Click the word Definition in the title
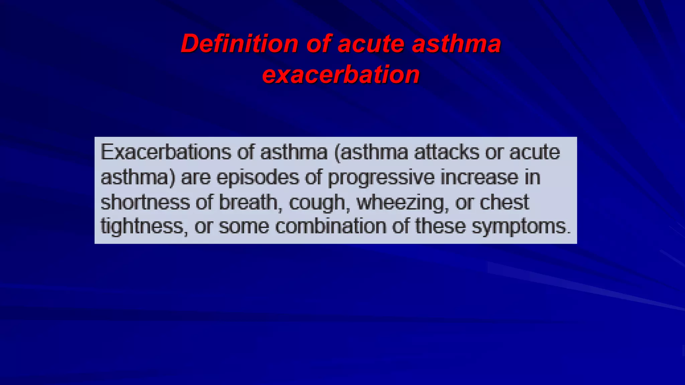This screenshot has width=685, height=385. [x=239, y=44]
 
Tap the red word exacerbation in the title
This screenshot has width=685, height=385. [x=341, y=74]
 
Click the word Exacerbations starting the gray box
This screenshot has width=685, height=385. [x=166, y=152]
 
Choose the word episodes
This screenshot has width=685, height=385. [x=258, y=178]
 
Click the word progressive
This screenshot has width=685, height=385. [x=381, y=178]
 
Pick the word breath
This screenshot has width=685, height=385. [x=248, y=202]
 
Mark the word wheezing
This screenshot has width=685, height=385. [x=401, y=203]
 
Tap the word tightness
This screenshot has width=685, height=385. [x=141, y=227]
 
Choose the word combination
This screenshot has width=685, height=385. [x=331, y=226]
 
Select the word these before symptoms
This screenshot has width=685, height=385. [x=441, y=226]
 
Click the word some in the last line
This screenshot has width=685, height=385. [x=244, y=227]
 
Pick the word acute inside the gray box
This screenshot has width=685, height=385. [x=534, y=152]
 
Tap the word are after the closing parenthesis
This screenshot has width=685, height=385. [x=196, y=178]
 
